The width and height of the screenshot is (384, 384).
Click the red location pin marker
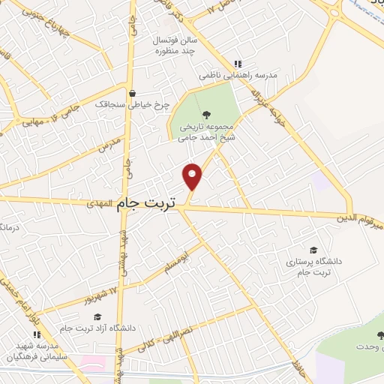193,176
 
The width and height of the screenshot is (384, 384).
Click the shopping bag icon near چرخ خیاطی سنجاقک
133,94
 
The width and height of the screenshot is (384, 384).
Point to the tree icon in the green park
207,114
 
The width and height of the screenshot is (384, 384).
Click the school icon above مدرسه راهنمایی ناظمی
238,64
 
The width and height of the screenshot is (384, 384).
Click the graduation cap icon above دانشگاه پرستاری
313,250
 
